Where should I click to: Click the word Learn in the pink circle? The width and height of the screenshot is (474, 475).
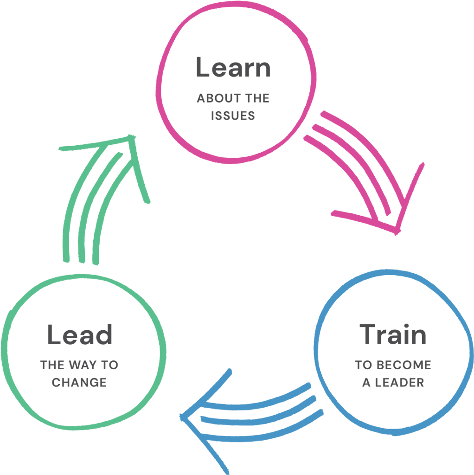click(233, 68)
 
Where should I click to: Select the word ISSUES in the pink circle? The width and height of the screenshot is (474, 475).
click(233, 116)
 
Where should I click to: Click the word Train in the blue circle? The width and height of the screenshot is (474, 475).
click(393, 334)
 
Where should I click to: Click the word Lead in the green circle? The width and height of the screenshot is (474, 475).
click(80, 334)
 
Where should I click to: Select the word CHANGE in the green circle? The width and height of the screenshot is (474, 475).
click(79, 383)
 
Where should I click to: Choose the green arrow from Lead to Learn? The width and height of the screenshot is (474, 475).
click(93, 204)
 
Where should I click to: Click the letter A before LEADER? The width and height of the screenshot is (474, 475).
click(365, 383)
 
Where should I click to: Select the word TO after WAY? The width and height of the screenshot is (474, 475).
click(109, 365)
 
